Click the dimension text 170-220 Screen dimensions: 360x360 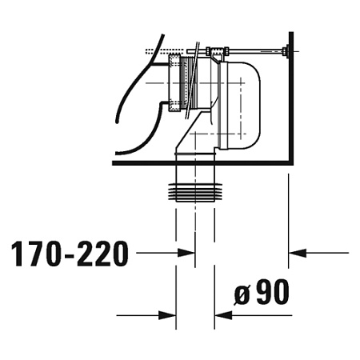pos(70,254)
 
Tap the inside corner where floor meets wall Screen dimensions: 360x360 pos(286,160)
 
